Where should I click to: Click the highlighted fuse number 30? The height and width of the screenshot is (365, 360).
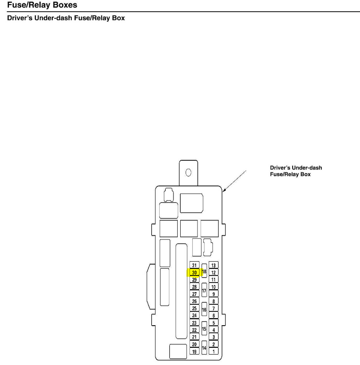tap(194, 272)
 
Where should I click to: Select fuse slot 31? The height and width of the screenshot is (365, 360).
tap(194, 265)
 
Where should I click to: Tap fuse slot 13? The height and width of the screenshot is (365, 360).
tap(214, 265)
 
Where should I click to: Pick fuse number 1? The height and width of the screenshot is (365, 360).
tap(214, 352)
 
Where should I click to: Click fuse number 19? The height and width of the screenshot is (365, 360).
tap(194, 352)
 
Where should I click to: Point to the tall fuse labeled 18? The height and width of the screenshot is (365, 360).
tap(204, 272)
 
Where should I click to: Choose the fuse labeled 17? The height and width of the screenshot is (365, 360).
tap(204, 290)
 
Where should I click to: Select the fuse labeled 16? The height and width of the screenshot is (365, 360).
tap(204, 310)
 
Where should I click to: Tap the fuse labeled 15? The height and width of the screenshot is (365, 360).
tap(204, 329)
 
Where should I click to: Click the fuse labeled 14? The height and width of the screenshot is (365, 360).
tap(204, 348)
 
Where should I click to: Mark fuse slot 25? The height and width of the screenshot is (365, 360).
tap(194, 308)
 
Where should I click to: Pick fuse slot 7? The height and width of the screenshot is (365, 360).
tap(214, 308)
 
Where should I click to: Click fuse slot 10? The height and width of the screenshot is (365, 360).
tap(214, 287)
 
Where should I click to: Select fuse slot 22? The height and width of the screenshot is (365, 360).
tap(194, 330)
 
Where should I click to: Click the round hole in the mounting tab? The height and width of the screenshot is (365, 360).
tap(188, 172)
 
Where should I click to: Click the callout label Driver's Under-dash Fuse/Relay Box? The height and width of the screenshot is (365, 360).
tap(296, 171)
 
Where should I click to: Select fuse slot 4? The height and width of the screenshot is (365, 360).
tap(214, 330)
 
